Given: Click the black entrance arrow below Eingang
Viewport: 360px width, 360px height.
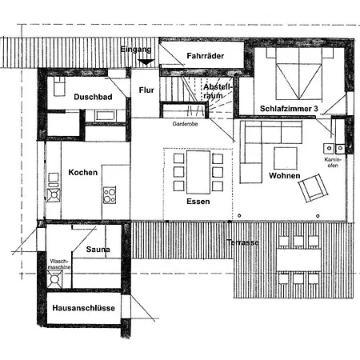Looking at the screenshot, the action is coord(146,62).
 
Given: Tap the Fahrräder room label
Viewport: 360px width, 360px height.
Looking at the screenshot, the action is coord(206,56).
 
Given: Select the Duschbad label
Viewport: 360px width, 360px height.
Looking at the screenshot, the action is coord(93,97).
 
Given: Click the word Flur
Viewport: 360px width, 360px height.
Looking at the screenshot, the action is coord(146,90).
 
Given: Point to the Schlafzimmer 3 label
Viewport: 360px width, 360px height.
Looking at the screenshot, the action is coord(289,109).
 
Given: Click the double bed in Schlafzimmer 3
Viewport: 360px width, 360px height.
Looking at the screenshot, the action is coord(299,74).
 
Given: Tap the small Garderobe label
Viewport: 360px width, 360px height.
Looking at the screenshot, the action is coord(185,124).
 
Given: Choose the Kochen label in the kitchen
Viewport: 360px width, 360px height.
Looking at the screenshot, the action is coord(83,172).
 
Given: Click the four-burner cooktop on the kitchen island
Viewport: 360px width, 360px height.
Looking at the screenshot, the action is coord(110,195).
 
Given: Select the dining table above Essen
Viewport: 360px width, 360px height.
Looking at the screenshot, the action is coord(198,172).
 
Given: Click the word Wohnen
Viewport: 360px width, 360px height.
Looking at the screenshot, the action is coord(285,176).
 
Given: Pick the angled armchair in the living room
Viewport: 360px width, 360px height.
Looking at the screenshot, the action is coord(313,188).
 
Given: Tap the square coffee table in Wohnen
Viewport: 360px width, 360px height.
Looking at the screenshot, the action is coord(286,158).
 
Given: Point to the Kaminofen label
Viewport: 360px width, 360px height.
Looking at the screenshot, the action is coord(333,162).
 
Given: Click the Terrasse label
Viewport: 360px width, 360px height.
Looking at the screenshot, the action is coord(242,242).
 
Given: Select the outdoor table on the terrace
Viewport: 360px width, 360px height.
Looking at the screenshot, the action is coord(298,260).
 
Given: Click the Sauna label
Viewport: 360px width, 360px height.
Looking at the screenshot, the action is coord(98,250).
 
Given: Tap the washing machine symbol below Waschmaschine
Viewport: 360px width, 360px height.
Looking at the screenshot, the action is coord(54,279).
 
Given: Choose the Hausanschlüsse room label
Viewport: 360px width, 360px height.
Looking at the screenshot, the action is coord(84,308).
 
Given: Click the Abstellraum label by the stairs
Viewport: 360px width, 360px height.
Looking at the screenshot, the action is coord(218,91).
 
